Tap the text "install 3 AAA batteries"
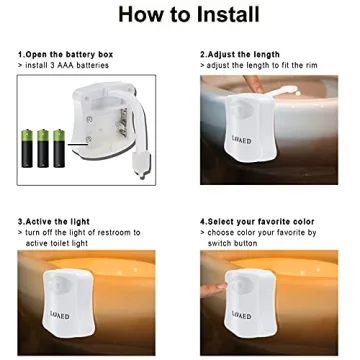point(65,64)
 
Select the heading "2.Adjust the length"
point(241,54)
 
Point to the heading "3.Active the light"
point(53,221)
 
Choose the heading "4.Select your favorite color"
point(257,221)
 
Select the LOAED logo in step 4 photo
point(242,313)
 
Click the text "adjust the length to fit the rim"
point(263,64)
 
